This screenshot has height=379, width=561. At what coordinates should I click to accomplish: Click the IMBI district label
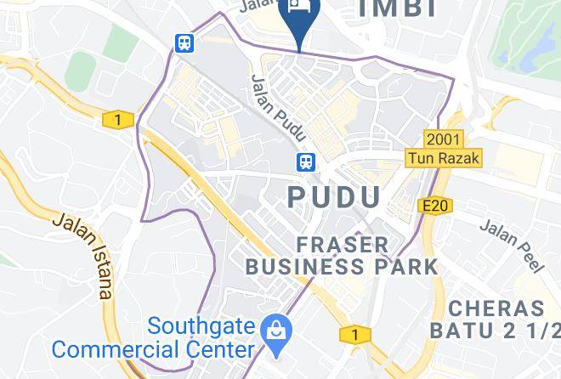click(398, 8)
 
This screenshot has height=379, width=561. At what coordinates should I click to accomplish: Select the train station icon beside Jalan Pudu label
click(305, 161)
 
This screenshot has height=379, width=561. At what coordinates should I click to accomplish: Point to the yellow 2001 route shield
click(445, 139)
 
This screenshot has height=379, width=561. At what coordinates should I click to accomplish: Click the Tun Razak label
click(444, 158)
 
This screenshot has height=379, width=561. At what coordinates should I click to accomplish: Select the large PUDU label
click(335, 197)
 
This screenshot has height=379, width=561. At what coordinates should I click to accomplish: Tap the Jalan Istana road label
click(82, 255)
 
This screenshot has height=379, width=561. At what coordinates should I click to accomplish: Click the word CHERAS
click(496, 308)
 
